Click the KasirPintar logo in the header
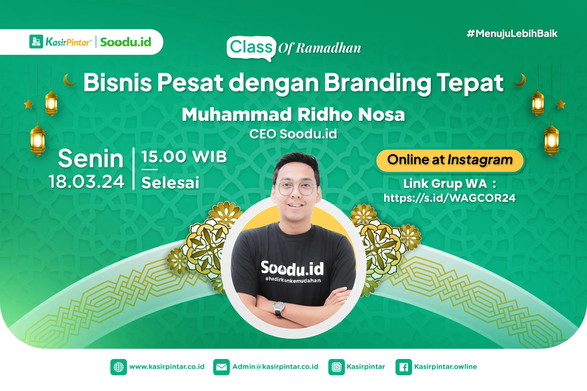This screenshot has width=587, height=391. (x=60, y=42)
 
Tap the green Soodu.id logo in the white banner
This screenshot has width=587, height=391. (x=126, y=42)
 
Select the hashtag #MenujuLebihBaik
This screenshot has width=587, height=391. (x=512, y=34)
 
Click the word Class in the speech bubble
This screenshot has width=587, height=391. (x=251, y=47)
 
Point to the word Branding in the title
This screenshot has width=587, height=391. (x=378, y=83)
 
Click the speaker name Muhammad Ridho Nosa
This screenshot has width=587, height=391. (x=293, y=114)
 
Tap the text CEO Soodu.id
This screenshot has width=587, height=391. (x=293, y=134)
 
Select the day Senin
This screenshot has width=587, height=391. (x=91, y=159)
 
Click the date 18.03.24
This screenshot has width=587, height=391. (x=87, y=182)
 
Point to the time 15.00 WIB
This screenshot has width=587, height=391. (x=184, y=157)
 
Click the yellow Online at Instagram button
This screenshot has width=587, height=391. (x=450, y=160)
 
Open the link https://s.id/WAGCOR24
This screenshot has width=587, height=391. (x=449, y=198)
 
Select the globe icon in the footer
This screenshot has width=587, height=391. (x=119, y=367)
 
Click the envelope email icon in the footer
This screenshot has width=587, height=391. (x=222, y=367)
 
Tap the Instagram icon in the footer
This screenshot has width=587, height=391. (x=337, y=367)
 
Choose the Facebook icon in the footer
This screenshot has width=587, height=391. (x=404, y=367)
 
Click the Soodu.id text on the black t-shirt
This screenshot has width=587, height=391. (x=292, y=268)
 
